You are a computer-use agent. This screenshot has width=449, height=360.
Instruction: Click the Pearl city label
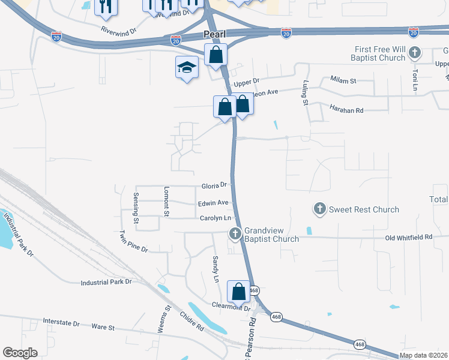coord(214,35)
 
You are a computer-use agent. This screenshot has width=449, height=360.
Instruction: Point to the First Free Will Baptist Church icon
coord(414,53)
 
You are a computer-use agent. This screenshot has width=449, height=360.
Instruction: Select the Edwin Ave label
coord(213,203)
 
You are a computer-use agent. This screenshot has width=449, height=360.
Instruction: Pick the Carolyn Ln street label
coord(215,218)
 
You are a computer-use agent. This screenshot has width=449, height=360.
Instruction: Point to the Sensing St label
coord(136,208)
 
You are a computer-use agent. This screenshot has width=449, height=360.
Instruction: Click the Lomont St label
coord(167,201)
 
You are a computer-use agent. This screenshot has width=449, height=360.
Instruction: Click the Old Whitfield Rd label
coord(409,238)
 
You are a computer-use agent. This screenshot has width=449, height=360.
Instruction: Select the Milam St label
coord(343,80)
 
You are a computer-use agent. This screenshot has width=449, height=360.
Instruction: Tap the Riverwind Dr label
coord(119,28)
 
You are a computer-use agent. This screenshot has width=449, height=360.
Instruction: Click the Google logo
coord(20,353)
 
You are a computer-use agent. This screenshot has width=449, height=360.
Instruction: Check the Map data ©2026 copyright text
coord(424,355)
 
